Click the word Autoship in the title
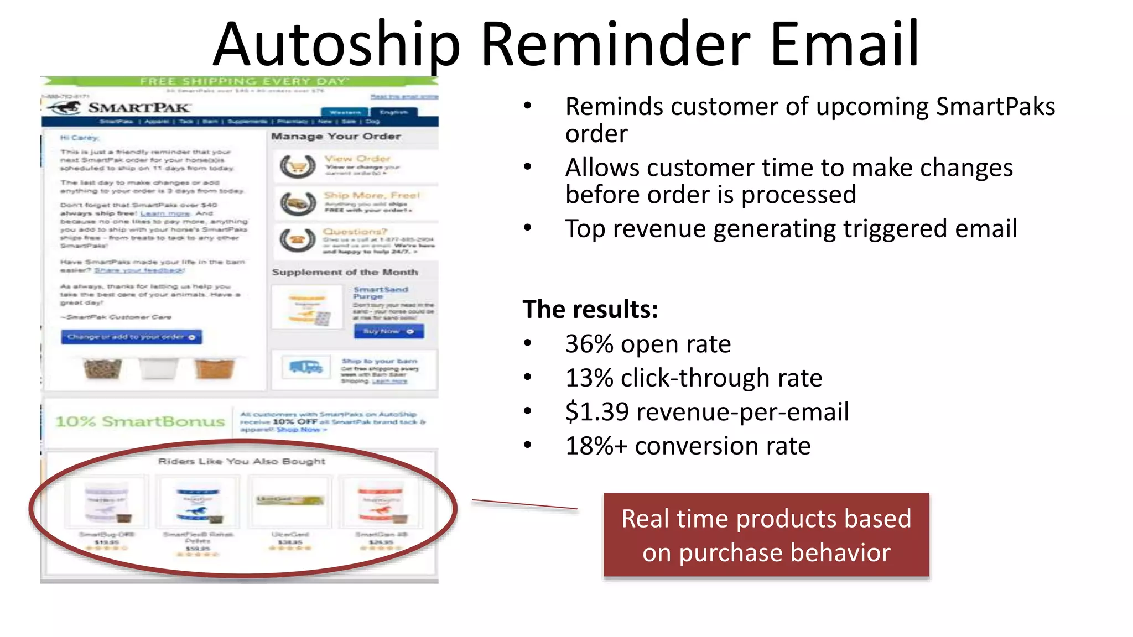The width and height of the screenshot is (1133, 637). point(336,44)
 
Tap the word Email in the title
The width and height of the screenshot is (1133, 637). point(844,44)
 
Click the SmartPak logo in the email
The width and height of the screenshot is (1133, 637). point(119,107)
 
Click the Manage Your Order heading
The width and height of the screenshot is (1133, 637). point(336,136)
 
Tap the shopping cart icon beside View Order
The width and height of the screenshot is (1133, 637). point(298,165)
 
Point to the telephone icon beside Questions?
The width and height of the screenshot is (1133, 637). point(298,239)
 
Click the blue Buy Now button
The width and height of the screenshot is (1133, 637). point(388,331)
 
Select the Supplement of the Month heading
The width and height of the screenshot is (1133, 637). point(345,272)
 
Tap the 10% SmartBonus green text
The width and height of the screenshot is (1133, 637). point(140,421)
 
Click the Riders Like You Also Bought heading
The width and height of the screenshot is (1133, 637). point(241,461)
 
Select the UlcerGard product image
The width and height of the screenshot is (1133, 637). point(289,500)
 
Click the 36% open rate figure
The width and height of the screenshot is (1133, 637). point(647,344)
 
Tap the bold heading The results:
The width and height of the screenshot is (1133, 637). point(590,310)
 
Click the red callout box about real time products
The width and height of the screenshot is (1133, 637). point(766,535)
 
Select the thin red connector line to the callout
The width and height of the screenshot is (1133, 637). point(524,504)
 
